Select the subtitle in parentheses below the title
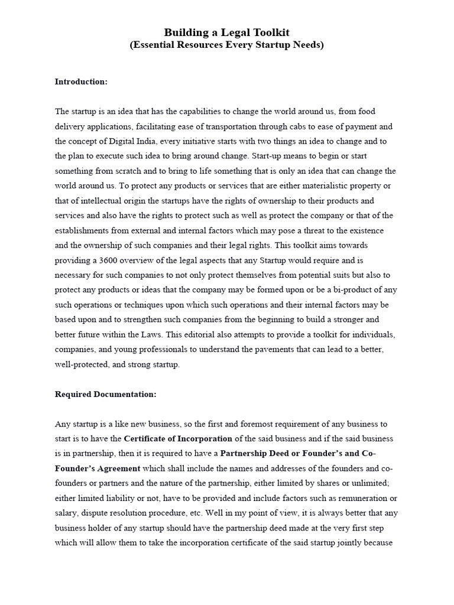(226, 45)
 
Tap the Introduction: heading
(81, 82)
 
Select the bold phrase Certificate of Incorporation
(178, 439)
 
